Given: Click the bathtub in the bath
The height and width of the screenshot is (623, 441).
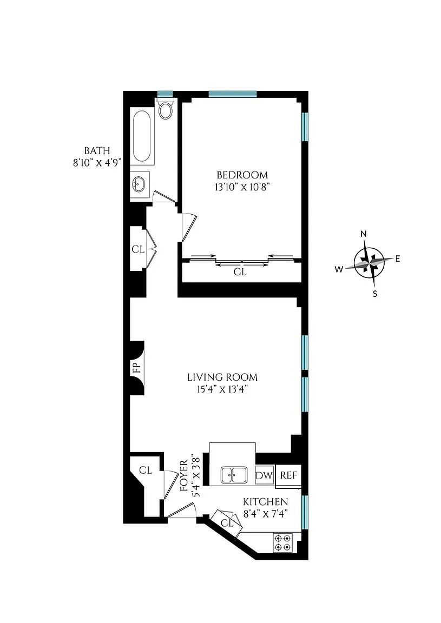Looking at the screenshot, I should point(142,136).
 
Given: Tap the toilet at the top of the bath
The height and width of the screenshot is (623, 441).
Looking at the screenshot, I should point(165,110).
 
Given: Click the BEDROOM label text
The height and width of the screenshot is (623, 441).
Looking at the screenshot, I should point(242,175).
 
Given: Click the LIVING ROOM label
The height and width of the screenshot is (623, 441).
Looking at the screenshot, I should point(222,377).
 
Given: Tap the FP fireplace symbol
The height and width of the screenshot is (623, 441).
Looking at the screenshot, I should point(137,368).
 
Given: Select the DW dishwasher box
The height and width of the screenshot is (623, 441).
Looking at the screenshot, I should point(265,475).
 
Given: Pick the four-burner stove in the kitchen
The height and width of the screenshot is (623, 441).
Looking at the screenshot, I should point(282,542).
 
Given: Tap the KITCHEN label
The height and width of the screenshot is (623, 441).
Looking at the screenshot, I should point(265,502).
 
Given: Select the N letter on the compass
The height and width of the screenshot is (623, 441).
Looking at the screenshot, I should point(364,234).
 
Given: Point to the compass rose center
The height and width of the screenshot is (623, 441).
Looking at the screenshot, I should point(368,263).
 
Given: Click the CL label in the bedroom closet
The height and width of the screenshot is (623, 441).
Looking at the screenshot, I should point(240,273).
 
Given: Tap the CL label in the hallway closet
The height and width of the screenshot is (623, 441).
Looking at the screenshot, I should point(138,249).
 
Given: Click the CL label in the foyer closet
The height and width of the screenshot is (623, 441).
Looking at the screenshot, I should point(145,470).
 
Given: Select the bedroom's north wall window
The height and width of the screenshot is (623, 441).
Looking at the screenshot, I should point(232,94).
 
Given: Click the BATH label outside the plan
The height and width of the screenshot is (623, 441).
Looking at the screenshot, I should point(97,150).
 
